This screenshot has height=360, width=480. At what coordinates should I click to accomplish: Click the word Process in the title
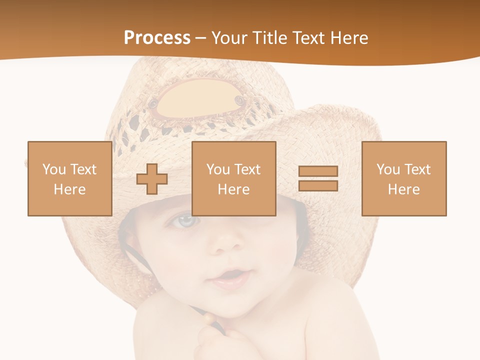click(x=157, y=38)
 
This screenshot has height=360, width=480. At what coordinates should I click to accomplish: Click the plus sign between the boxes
click(x=152, y=178)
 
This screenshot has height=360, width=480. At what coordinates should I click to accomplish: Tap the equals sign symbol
click(x=318, y=178)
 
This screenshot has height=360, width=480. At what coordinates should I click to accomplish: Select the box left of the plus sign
click(x=69, y=178)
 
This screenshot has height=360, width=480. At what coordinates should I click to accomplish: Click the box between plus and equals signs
click(x=233, y=178)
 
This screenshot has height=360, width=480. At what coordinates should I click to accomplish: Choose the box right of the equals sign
click(x=403, y=178)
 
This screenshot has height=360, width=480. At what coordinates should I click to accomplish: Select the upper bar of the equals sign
click(x=318, y=171)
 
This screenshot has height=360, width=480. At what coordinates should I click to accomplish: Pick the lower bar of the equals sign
click(x=318, y=185)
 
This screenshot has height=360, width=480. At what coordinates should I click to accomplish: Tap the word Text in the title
click(x=307, y=38)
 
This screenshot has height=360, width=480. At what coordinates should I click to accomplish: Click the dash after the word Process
click(x=200, y=38)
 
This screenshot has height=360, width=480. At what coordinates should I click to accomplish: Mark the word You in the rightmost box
click(x=387, y=169)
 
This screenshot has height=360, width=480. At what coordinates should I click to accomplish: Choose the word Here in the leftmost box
click(x=69, y=189)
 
